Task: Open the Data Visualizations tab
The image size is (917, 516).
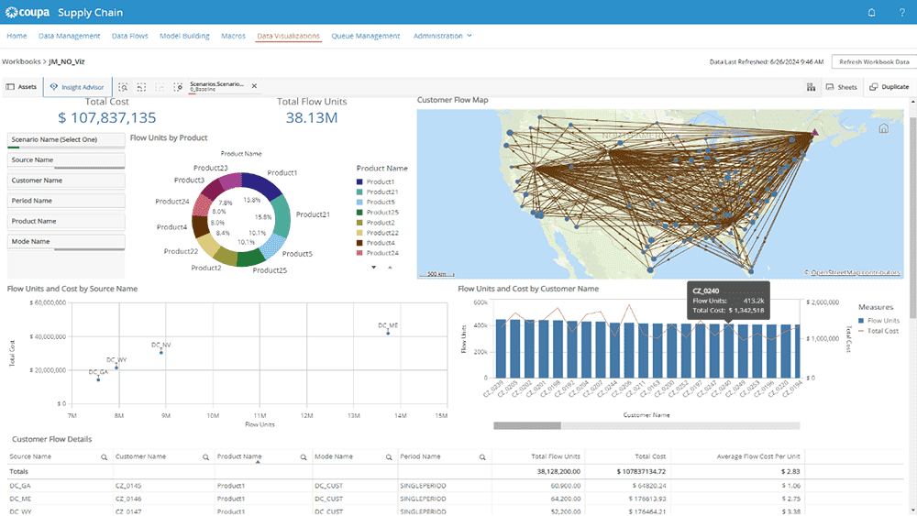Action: tap(289, 36)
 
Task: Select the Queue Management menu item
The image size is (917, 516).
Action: tap(366, 36)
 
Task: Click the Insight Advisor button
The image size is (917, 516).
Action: tap(77, 87)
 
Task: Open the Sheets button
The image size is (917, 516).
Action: tap(841, 87)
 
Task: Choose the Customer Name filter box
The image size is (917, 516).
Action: tap(66, 181)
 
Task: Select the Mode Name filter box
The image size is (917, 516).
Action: tap(66, 242)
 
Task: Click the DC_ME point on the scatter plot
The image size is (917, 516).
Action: tap(388, 333)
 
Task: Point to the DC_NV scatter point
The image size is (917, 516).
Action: tap(161, 352)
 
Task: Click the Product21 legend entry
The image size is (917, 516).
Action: tap(383, 192)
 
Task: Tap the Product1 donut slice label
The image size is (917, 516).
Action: tap(282, 172)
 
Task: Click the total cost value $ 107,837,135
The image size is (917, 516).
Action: tap(106, 117)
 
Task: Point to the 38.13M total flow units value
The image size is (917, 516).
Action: tap(312, 117)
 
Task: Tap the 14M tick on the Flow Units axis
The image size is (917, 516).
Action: tap(400, 416)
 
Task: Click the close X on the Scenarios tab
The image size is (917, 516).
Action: tap(255, 86)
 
